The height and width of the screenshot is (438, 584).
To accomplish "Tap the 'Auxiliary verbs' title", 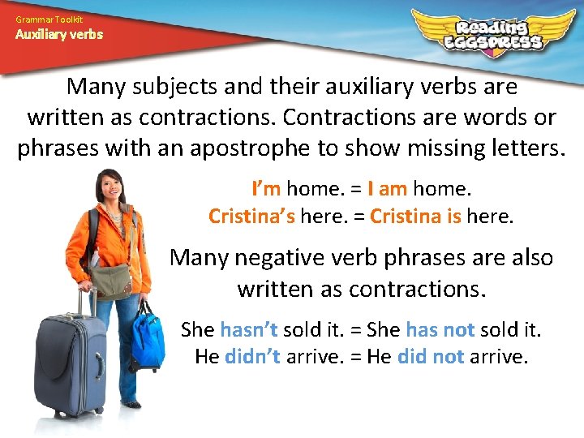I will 59,35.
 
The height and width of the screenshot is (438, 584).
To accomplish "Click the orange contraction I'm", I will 266,189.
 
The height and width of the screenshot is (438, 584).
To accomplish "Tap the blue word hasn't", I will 249,330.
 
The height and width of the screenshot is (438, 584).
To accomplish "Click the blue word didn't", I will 252,356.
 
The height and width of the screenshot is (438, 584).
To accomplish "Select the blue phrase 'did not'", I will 431,356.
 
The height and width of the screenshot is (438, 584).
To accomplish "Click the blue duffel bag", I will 149,341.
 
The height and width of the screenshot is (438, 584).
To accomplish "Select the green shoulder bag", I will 112,279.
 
